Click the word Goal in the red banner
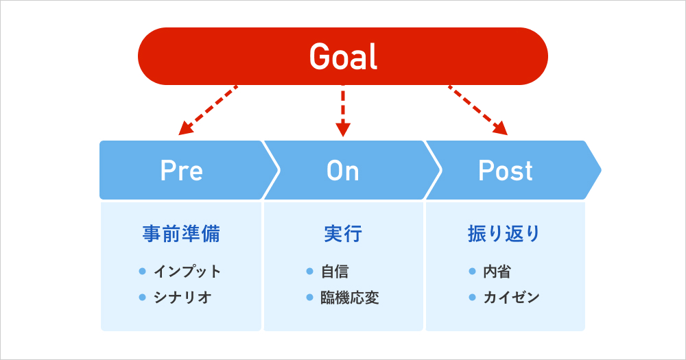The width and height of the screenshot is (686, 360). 343,56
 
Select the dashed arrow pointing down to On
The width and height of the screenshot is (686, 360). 344,110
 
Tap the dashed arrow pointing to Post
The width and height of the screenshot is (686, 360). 478,110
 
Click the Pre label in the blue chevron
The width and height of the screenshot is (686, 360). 181,171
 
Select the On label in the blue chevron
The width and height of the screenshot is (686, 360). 343,171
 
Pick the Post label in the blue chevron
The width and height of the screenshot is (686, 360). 506,171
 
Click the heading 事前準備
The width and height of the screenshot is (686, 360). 181,234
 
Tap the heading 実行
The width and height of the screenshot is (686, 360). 343,234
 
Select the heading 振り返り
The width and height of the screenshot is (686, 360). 505,234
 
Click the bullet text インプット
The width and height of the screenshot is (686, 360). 187,272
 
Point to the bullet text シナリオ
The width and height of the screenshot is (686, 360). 182,298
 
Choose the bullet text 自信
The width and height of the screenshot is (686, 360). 335,272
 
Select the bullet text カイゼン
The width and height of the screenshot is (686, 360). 512,298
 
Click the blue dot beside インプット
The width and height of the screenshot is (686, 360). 143,272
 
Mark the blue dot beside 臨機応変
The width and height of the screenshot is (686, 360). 310,298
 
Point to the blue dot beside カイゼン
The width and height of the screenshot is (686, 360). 472,298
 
